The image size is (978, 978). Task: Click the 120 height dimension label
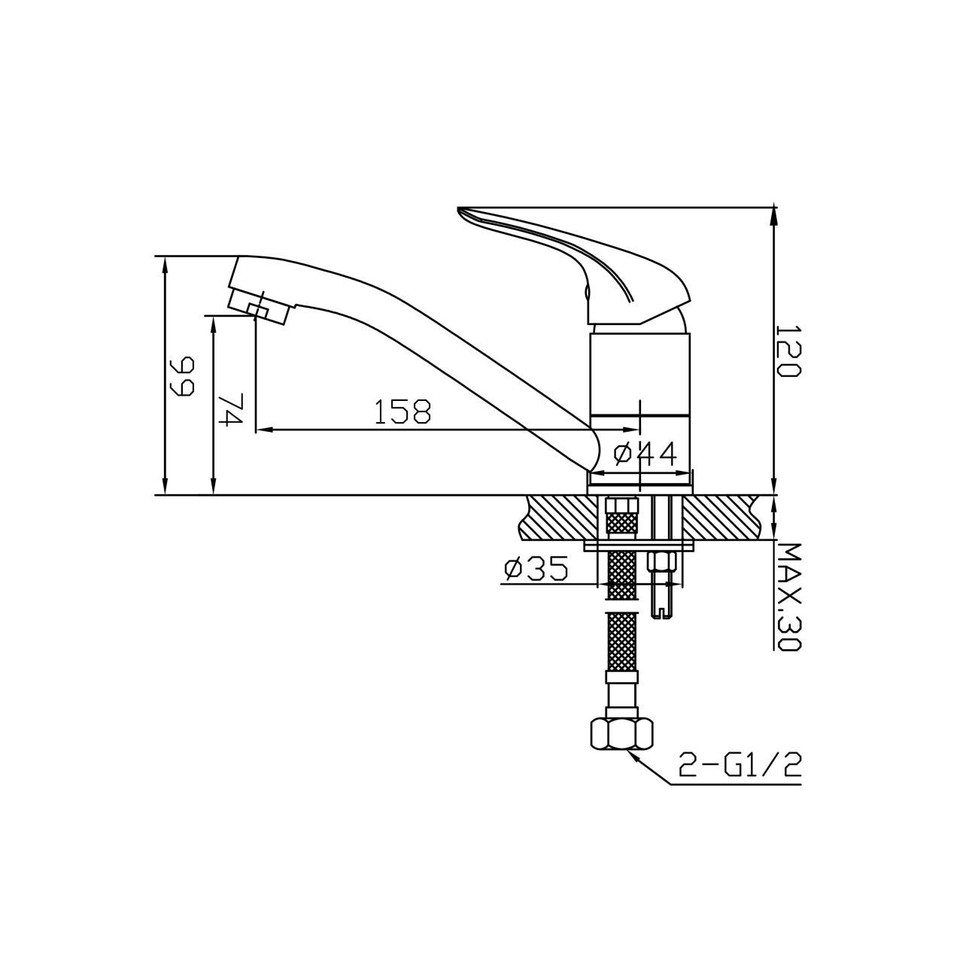point(789,351)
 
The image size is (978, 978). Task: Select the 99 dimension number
point(183,375)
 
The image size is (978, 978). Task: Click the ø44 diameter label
point(645,454)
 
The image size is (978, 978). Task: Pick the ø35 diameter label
point(536,569)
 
